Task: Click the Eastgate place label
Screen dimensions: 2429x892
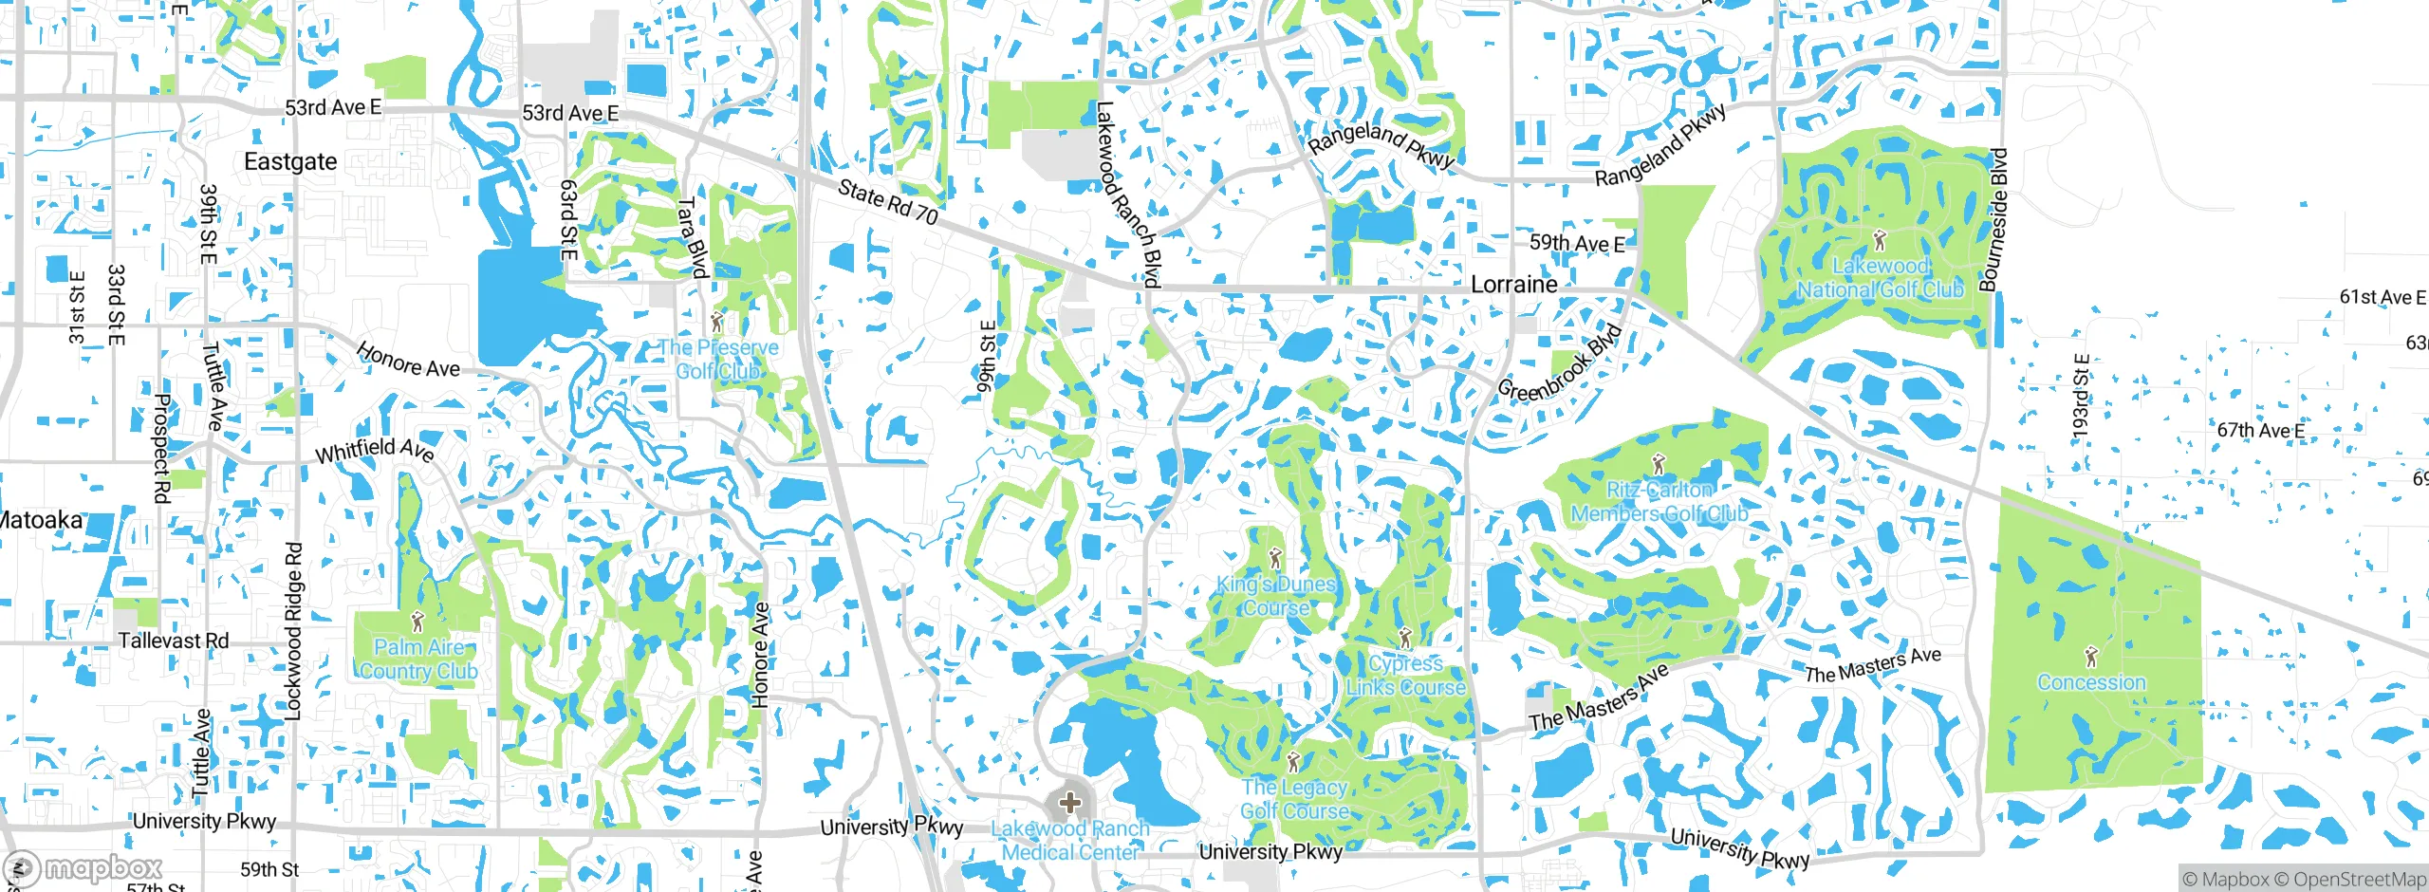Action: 290,162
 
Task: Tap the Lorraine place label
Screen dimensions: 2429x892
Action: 1513,285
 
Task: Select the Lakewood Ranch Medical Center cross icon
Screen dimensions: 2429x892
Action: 1069,803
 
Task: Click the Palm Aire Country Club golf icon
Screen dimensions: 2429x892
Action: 417,623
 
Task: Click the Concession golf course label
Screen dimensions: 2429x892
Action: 2091,682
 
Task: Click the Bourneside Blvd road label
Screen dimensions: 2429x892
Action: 1993,219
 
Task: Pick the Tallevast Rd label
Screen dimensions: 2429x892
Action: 174,641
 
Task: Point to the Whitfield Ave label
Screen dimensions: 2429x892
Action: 375,451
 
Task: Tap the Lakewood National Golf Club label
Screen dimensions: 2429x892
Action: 1880,278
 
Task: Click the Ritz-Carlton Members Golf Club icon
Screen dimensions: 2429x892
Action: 1659,464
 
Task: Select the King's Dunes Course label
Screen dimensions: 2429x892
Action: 1276,596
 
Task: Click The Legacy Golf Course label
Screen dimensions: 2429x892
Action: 1294,799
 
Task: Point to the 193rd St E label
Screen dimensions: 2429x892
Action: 2080,397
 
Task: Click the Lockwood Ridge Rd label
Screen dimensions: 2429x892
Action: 294,631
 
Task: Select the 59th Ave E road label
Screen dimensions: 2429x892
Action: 1576,244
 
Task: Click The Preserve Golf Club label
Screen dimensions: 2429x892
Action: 718,360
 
